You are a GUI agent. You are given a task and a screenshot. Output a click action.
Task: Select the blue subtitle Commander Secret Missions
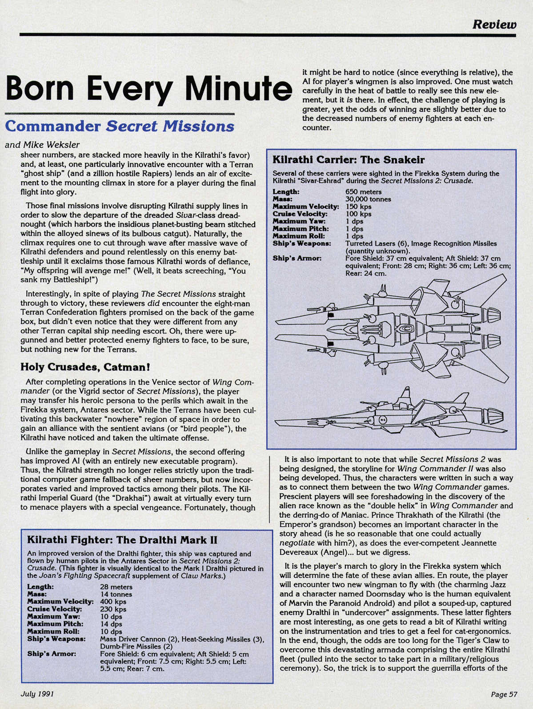pyautogui.click(x=119, y=126)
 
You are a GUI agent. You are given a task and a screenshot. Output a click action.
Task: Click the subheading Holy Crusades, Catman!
pyautogui.click(x=85, y=367)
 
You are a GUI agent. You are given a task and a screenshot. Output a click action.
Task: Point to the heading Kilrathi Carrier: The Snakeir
pyautogui.click(x=348, y=159)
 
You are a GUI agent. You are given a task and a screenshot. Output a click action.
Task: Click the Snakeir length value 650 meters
pyautogui.click(x=363, y=192)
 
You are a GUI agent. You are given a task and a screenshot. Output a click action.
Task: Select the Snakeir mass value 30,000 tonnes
pyautogui.click(x=368, y=199)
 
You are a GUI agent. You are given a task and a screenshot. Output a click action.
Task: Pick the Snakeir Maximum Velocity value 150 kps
pyautogui.click(x=358, y=207)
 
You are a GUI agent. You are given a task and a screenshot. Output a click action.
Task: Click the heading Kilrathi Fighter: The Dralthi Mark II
pyautogui.click(x=122, y=540)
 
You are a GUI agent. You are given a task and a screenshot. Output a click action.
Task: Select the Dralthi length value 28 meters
pyautogui.click(x=116, y=587)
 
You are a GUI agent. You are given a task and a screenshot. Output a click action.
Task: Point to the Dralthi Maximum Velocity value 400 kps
pyautogui.click(x=113, y=601)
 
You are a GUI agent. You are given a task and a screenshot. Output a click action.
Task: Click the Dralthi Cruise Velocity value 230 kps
pyautogui.click(x=113, y=609)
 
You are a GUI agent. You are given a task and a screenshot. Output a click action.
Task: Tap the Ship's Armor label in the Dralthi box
pyautogui.click(x=52, y=653)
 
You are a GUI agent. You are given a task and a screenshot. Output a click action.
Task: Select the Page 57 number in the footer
pyautogui.click(x=504, y=694)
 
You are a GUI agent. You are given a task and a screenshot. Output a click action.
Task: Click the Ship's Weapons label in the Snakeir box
pyautogui.click(x=301, y=243)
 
